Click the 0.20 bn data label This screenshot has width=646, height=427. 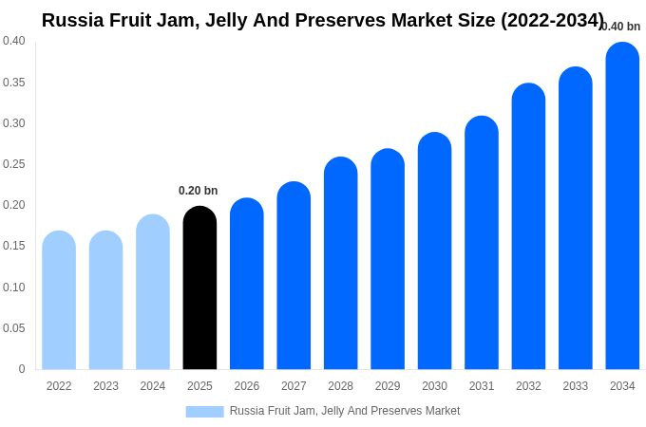pyautogui.click(x=199, y=191)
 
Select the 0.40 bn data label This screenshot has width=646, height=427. pyautogui.click(x=621, y=27)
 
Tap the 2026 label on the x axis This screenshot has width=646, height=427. pyautogui.click(x=247, y=386)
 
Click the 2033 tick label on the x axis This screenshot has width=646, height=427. pyautogui.click(x=576, y=386)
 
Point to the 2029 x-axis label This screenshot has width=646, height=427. pyautogui.click(x=388, y=386)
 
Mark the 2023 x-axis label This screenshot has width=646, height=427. pyautogui.click(x=105, y=386)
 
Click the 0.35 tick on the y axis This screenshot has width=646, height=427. pyautogui.click(x=14, y=83)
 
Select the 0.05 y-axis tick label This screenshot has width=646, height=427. pyautogui.click(x=14, y=328)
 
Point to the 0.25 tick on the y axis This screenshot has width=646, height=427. pyautogui.click(x=14, y=164)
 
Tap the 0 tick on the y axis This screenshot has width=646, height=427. pyautogui.click(x=22, y=369)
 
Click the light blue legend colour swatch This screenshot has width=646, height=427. pyautogui.click(x=204, y=412)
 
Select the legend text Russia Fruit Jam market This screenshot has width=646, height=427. pyautogui.click(x=344, y=411)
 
